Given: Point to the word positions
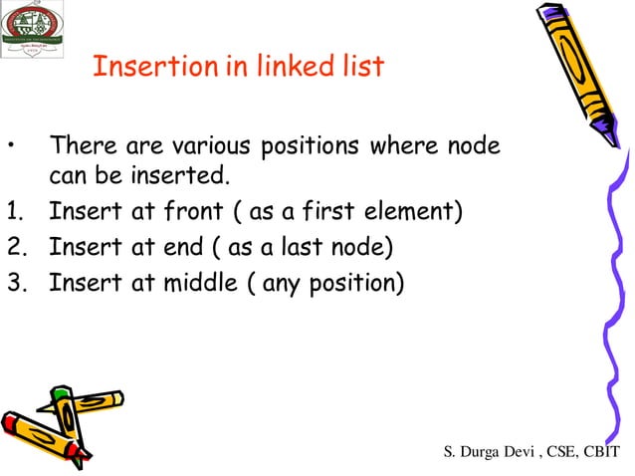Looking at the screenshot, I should coord(310,147).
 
